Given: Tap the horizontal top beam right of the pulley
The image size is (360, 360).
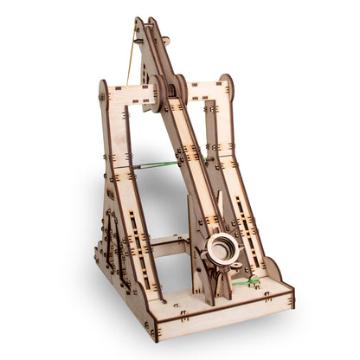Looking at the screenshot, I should [204, 91].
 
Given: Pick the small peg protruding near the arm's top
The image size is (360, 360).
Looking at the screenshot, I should [164, 41].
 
